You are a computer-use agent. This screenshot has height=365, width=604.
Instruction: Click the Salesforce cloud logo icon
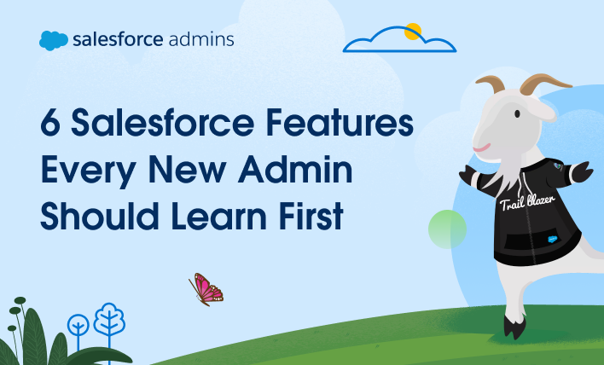[53, 40]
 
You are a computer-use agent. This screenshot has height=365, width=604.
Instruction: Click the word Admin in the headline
[302, 172]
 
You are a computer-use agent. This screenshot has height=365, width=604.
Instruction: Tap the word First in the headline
[305, 217]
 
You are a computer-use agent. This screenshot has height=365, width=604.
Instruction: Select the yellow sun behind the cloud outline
[413, 32]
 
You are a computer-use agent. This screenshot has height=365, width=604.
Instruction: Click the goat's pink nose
[482, 147]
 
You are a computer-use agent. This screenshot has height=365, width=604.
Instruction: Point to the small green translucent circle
[447, 229]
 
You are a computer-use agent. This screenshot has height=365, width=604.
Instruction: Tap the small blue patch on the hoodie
[552, 239]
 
